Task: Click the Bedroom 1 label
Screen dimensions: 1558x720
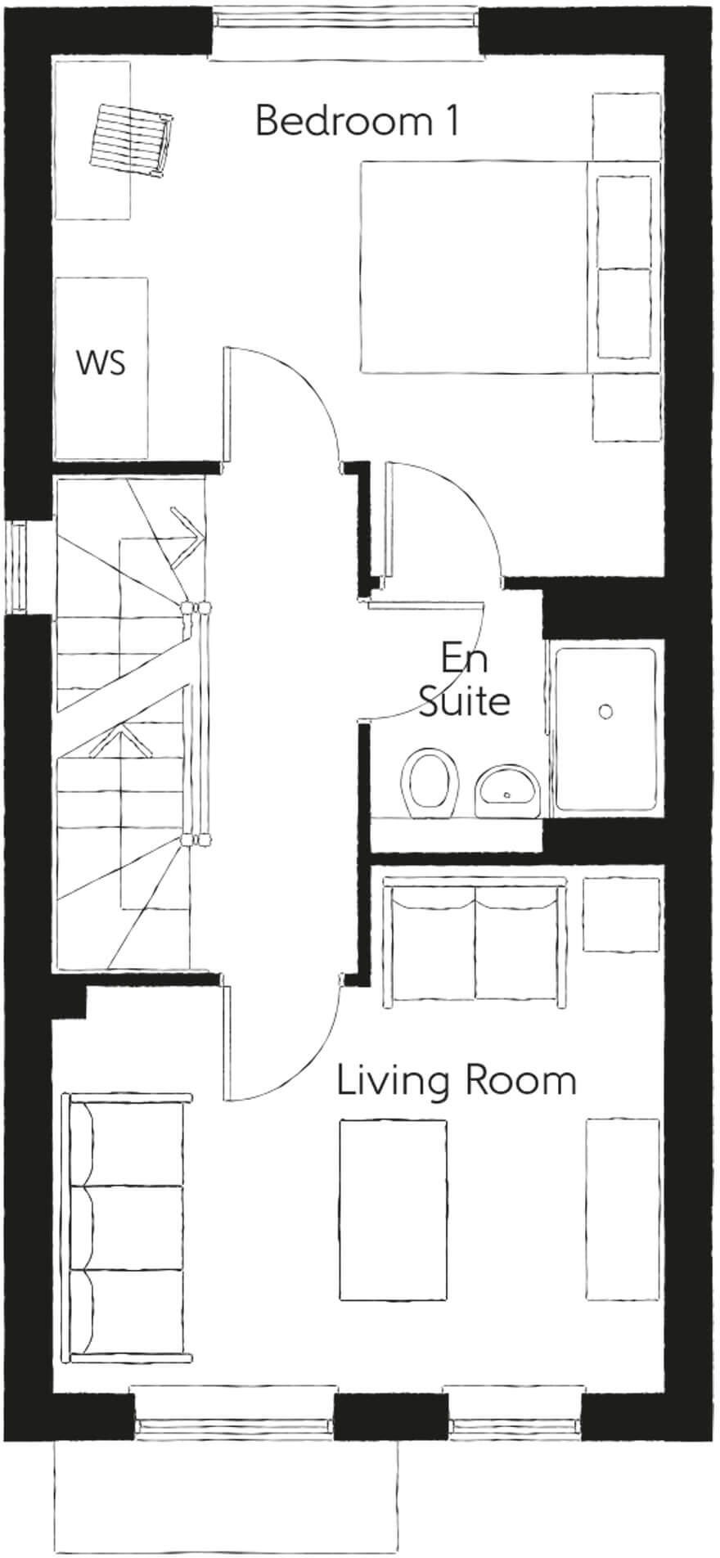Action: (357, 121)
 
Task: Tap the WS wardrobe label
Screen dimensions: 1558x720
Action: (101, 362)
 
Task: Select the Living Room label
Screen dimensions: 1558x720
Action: (457, 1081)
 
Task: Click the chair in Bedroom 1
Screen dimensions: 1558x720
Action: (133, 138)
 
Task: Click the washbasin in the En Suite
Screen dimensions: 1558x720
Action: (507, 790)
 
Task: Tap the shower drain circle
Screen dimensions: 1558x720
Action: (605, 711)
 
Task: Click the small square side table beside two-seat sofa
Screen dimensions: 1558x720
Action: (621, 914)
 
